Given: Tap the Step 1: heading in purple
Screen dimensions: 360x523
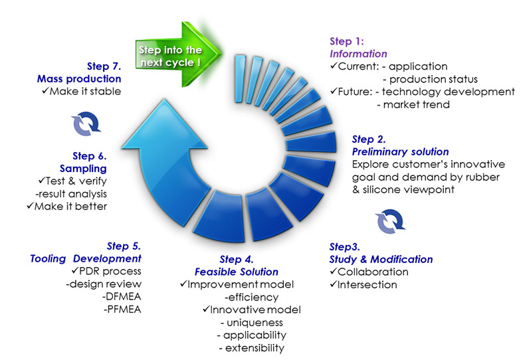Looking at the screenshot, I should point(347,42).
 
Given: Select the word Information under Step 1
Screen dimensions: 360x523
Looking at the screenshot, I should point(358,54).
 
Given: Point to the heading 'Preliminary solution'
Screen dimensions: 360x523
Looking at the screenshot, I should point(400,152).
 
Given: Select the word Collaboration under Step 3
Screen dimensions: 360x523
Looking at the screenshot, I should point(372,272).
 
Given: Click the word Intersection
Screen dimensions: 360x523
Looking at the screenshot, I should point(367,285).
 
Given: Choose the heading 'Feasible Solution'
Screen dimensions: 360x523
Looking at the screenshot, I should point(237,272).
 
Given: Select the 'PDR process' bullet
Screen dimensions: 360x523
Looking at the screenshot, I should point(107,272).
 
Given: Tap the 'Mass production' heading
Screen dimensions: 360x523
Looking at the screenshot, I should point(78,79).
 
